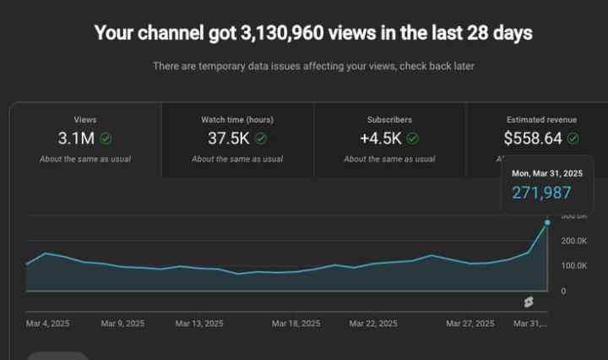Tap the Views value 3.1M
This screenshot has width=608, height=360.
tap(75, 139)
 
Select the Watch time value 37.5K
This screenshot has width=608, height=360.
tap(228, 139)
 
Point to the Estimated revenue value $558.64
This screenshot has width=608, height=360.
tap(533, 139)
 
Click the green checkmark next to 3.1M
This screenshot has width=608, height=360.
tap(106, 139)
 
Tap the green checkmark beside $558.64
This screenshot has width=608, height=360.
tap(573, 139)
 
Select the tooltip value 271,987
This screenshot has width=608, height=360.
tap(541, 192)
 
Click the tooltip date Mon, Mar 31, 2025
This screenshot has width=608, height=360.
tap(547, 172)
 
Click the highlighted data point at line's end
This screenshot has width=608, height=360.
tap(547, 222)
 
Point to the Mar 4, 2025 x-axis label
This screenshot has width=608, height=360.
tap(48, 324)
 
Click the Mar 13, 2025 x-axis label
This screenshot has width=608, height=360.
tap(200, 324)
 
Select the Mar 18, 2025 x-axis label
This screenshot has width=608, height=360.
tap(296, 324)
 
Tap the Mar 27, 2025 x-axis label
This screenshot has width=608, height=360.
tap(470, 324)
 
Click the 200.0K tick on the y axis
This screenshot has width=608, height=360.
tap(573, 241)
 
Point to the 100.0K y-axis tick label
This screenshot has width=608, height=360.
tap(573, 265)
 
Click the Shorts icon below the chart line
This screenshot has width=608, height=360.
tap(528, 302)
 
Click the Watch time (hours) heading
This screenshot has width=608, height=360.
tap(237, 120)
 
